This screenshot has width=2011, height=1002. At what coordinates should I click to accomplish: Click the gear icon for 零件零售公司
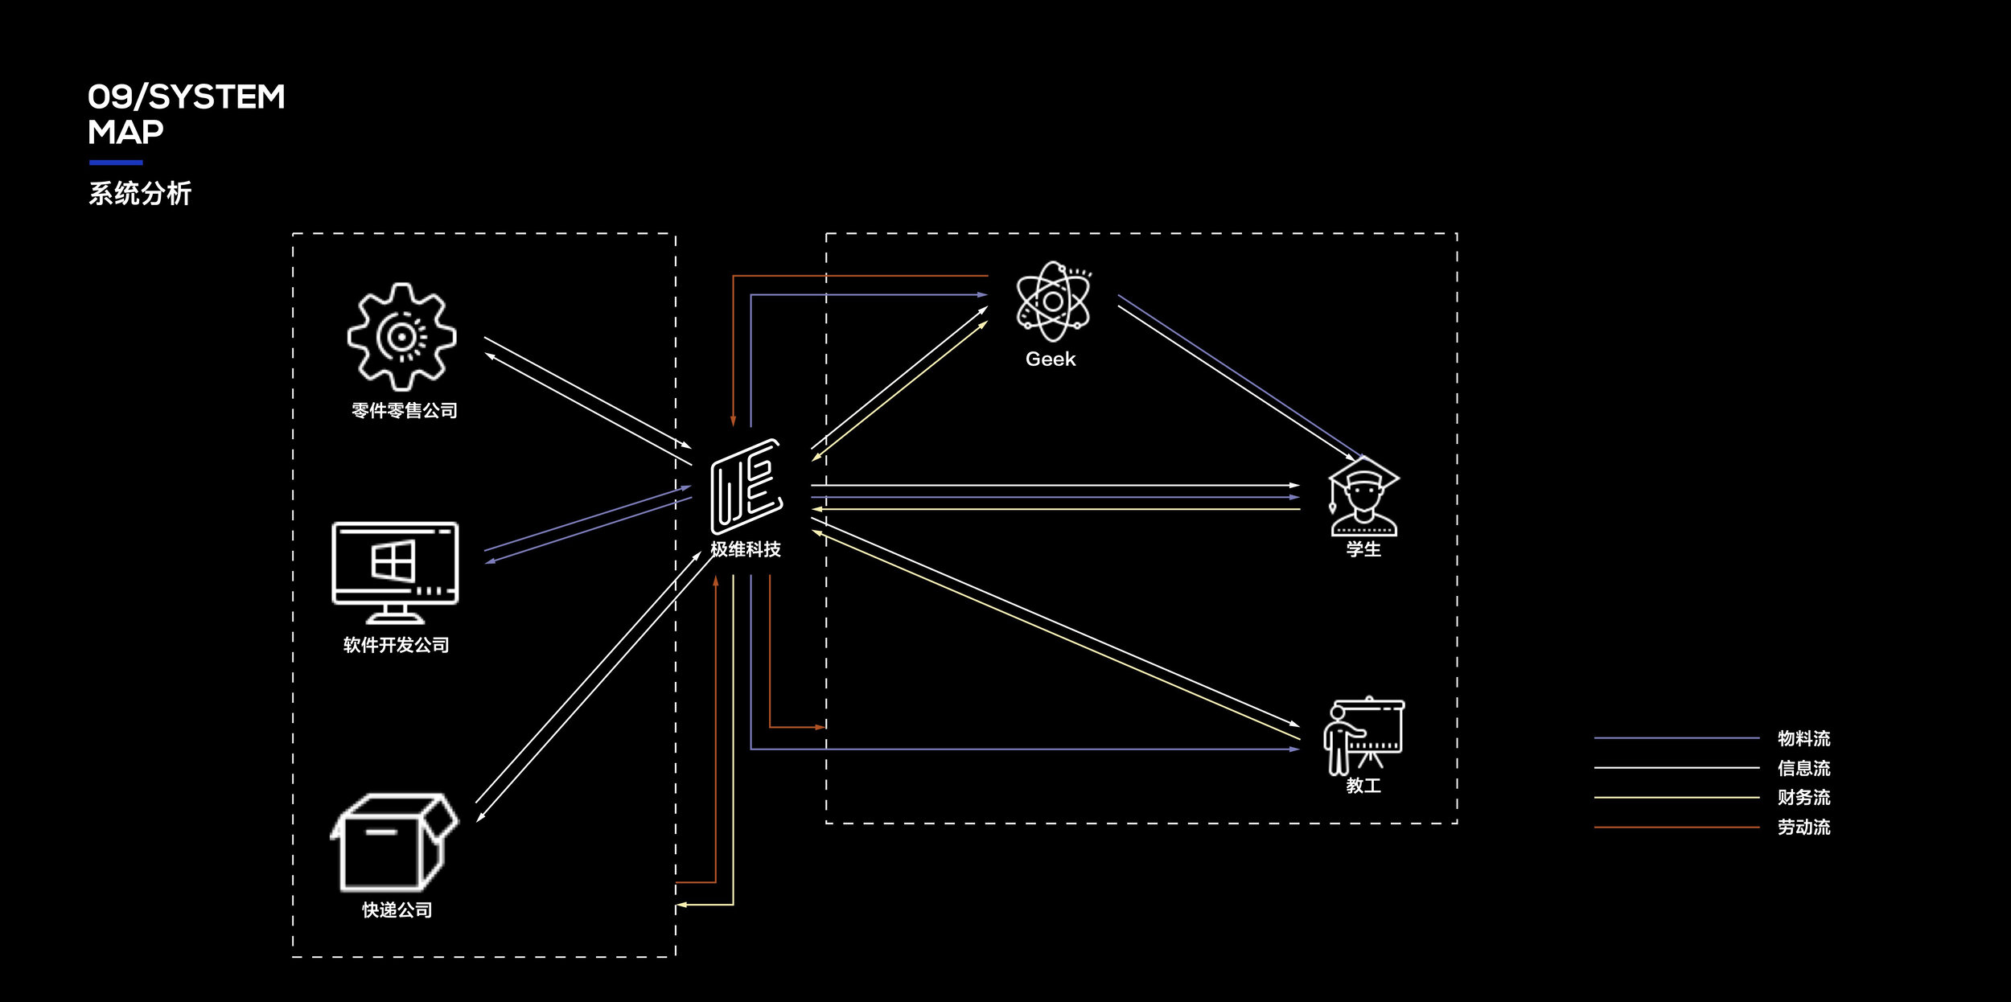click(401, 337)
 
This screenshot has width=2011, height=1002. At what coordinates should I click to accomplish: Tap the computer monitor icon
click(395, 573)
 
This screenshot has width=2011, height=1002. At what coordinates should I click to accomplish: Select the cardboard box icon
click(394, 842)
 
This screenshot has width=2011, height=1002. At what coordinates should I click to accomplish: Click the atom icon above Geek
click(1053, 302)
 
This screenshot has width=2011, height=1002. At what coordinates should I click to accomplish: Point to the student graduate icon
click(1363, 496)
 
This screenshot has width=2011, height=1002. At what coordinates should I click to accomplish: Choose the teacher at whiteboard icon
click(1363, 736)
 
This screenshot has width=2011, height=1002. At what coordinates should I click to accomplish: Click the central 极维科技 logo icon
click(746, 487)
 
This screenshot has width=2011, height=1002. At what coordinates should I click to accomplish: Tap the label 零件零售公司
click(405, 411)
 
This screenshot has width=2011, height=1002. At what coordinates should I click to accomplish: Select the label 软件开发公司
click(397, 645)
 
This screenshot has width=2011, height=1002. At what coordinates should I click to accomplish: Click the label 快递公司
click(397, 910)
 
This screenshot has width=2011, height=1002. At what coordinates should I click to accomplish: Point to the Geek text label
click(1051, 359)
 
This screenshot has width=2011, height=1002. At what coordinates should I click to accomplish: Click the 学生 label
click(1363, 549)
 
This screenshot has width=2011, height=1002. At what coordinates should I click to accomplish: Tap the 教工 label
click(1363, 786)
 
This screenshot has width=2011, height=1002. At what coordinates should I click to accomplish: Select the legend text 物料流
click(1804, 738)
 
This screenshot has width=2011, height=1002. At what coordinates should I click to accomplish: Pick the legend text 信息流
click(1804, 768)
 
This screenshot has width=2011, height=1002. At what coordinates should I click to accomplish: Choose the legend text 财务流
click(1804, 797)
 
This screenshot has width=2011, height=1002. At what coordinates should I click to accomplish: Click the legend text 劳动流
click(1804, 827)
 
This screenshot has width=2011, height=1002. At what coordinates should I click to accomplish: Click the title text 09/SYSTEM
click(187, 97)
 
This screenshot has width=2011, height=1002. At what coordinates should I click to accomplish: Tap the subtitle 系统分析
click(140, 193)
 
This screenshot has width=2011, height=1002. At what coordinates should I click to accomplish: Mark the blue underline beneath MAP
click(116, 162)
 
